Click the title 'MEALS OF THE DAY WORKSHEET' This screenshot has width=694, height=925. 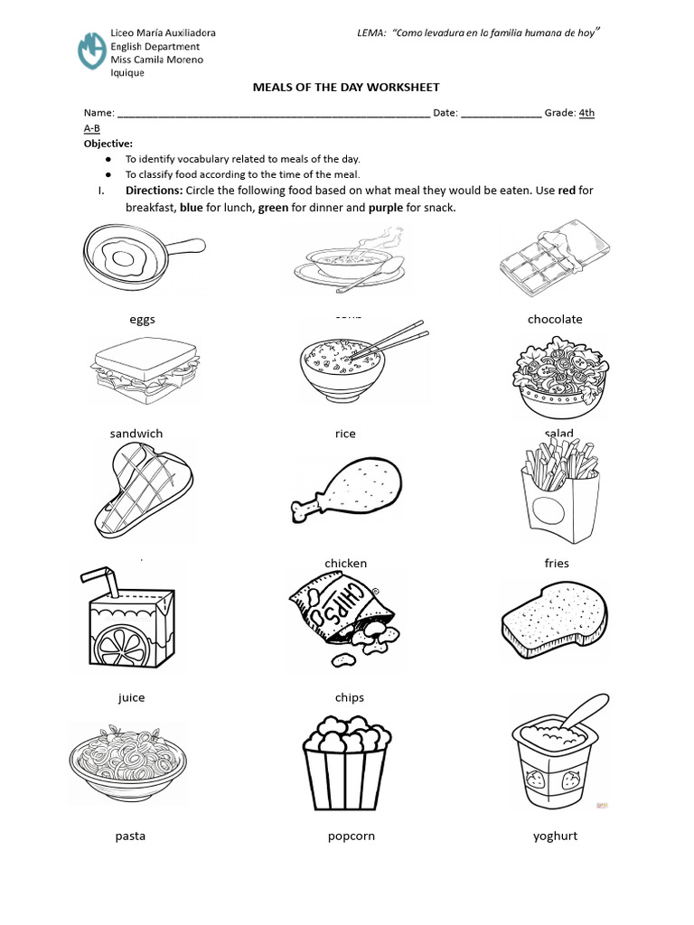(345, 87)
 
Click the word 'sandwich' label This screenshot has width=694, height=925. (136, 434)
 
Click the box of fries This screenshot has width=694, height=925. (558, 497)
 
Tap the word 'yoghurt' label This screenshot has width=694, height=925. (555, 836)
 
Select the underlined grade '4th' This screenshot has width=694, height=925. (586, 113)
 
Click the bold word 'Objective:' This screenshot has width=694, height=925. (108, 144)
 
